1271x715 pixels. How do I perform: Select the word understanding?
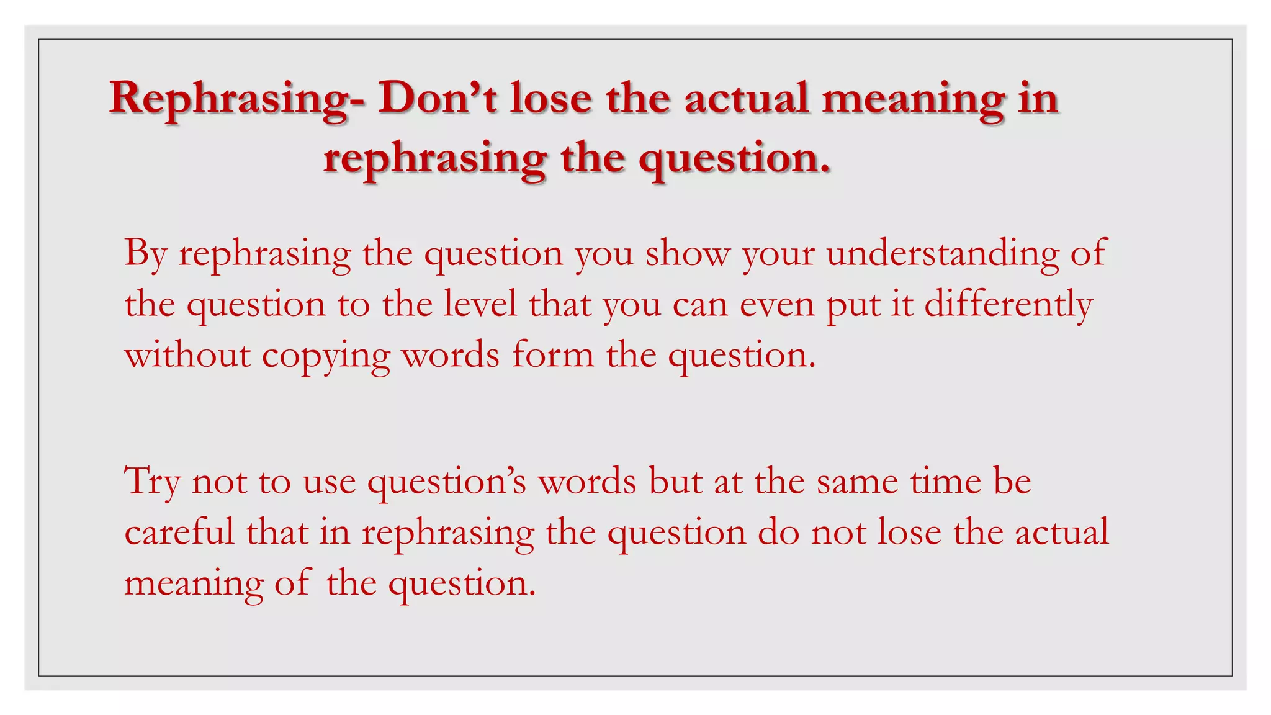point(943,253)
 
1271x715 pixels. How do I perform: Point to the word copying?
point(325,356)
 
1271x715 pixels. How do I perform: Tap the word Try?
point(152,482)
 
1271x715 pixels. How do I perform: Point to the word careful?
point(179,533)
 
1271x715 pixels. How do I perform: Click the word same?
point(856,482)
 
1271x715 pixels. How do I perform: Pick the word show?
point(687,253)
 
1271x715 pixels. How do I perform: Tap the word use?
point(329,482)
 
